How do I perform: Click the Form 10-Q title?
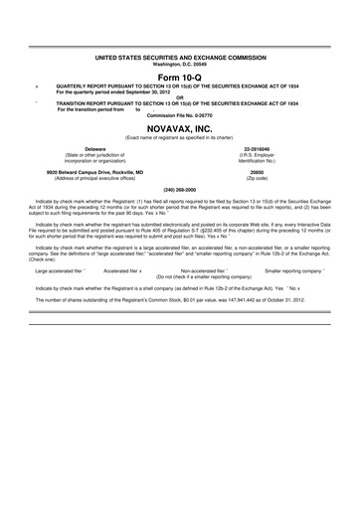179,79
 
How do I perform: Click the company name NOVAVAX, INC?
179,127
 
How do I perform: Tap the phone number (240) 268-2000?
179,189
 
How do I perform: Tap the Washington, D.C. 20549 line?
179,65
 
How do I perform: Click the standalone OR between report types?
179,97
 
